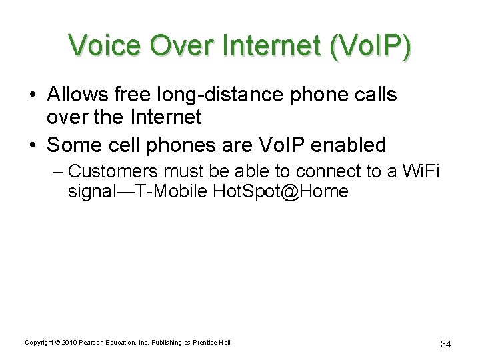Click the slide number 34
click(446, 344)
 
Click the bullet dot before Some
click(33, 145)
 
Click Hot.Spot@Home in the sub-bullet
click(281, 192)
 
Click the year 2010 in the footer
click(69, 343)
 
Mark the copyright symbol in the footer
click(56, 343)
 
